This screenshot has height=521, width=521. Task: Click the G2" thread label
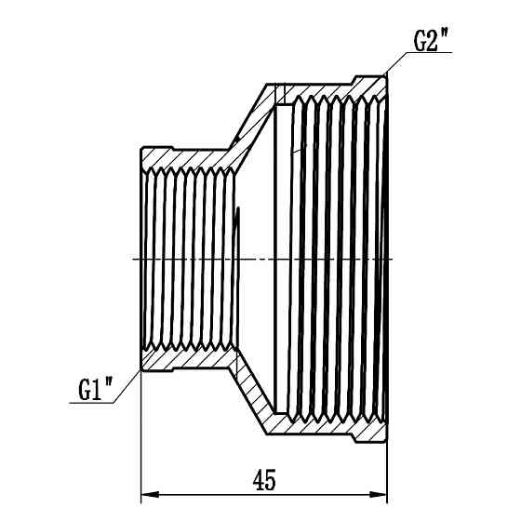click(x=430, y=41)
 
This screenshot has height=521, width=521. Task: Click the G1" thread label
click(x=95, y=390)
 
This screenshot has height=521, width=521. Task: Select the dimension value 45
click(x=264, y=480)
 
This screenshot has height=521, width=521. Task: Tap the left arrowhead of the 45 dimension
click(x=150, y=494)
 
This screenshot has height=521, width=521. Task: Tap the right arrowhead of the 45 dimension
click(x=378, y=494)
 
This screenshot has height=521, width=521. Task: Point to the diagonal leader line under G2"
click(x=396, y=63)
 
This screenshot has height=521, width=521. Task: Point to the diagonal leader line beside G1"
click(x=127, y=386)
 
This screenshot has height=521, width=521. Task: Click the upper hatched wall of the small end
click(x=186, y=158)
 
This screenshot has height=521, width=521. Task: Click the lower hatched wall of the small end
click(x=186, y=359)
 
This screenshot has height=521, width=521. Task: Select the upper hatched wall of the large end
click(x=332, y=89)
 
